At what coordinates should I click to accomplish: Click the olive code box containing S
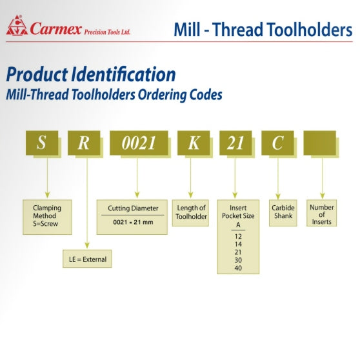(x=42, y=143)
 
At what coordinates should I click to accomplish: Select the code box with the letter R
(x=84, y=143)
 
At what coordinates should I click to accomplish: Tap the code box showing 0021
(x=139, y=143)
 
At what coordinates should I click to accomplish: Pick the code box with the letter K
(x=194, y=143)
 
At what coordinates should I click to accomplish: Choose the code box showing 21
(x=235, y=143)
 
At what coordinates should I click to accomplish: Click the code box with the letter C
(x=277, y=143)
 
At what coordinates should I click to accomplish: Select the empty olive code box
(x=319, y=143)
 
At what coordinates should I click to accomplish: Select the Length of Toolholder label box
(x=192, y=212)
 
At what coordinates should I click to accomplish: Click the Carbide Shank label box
(x=283, y=212)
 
